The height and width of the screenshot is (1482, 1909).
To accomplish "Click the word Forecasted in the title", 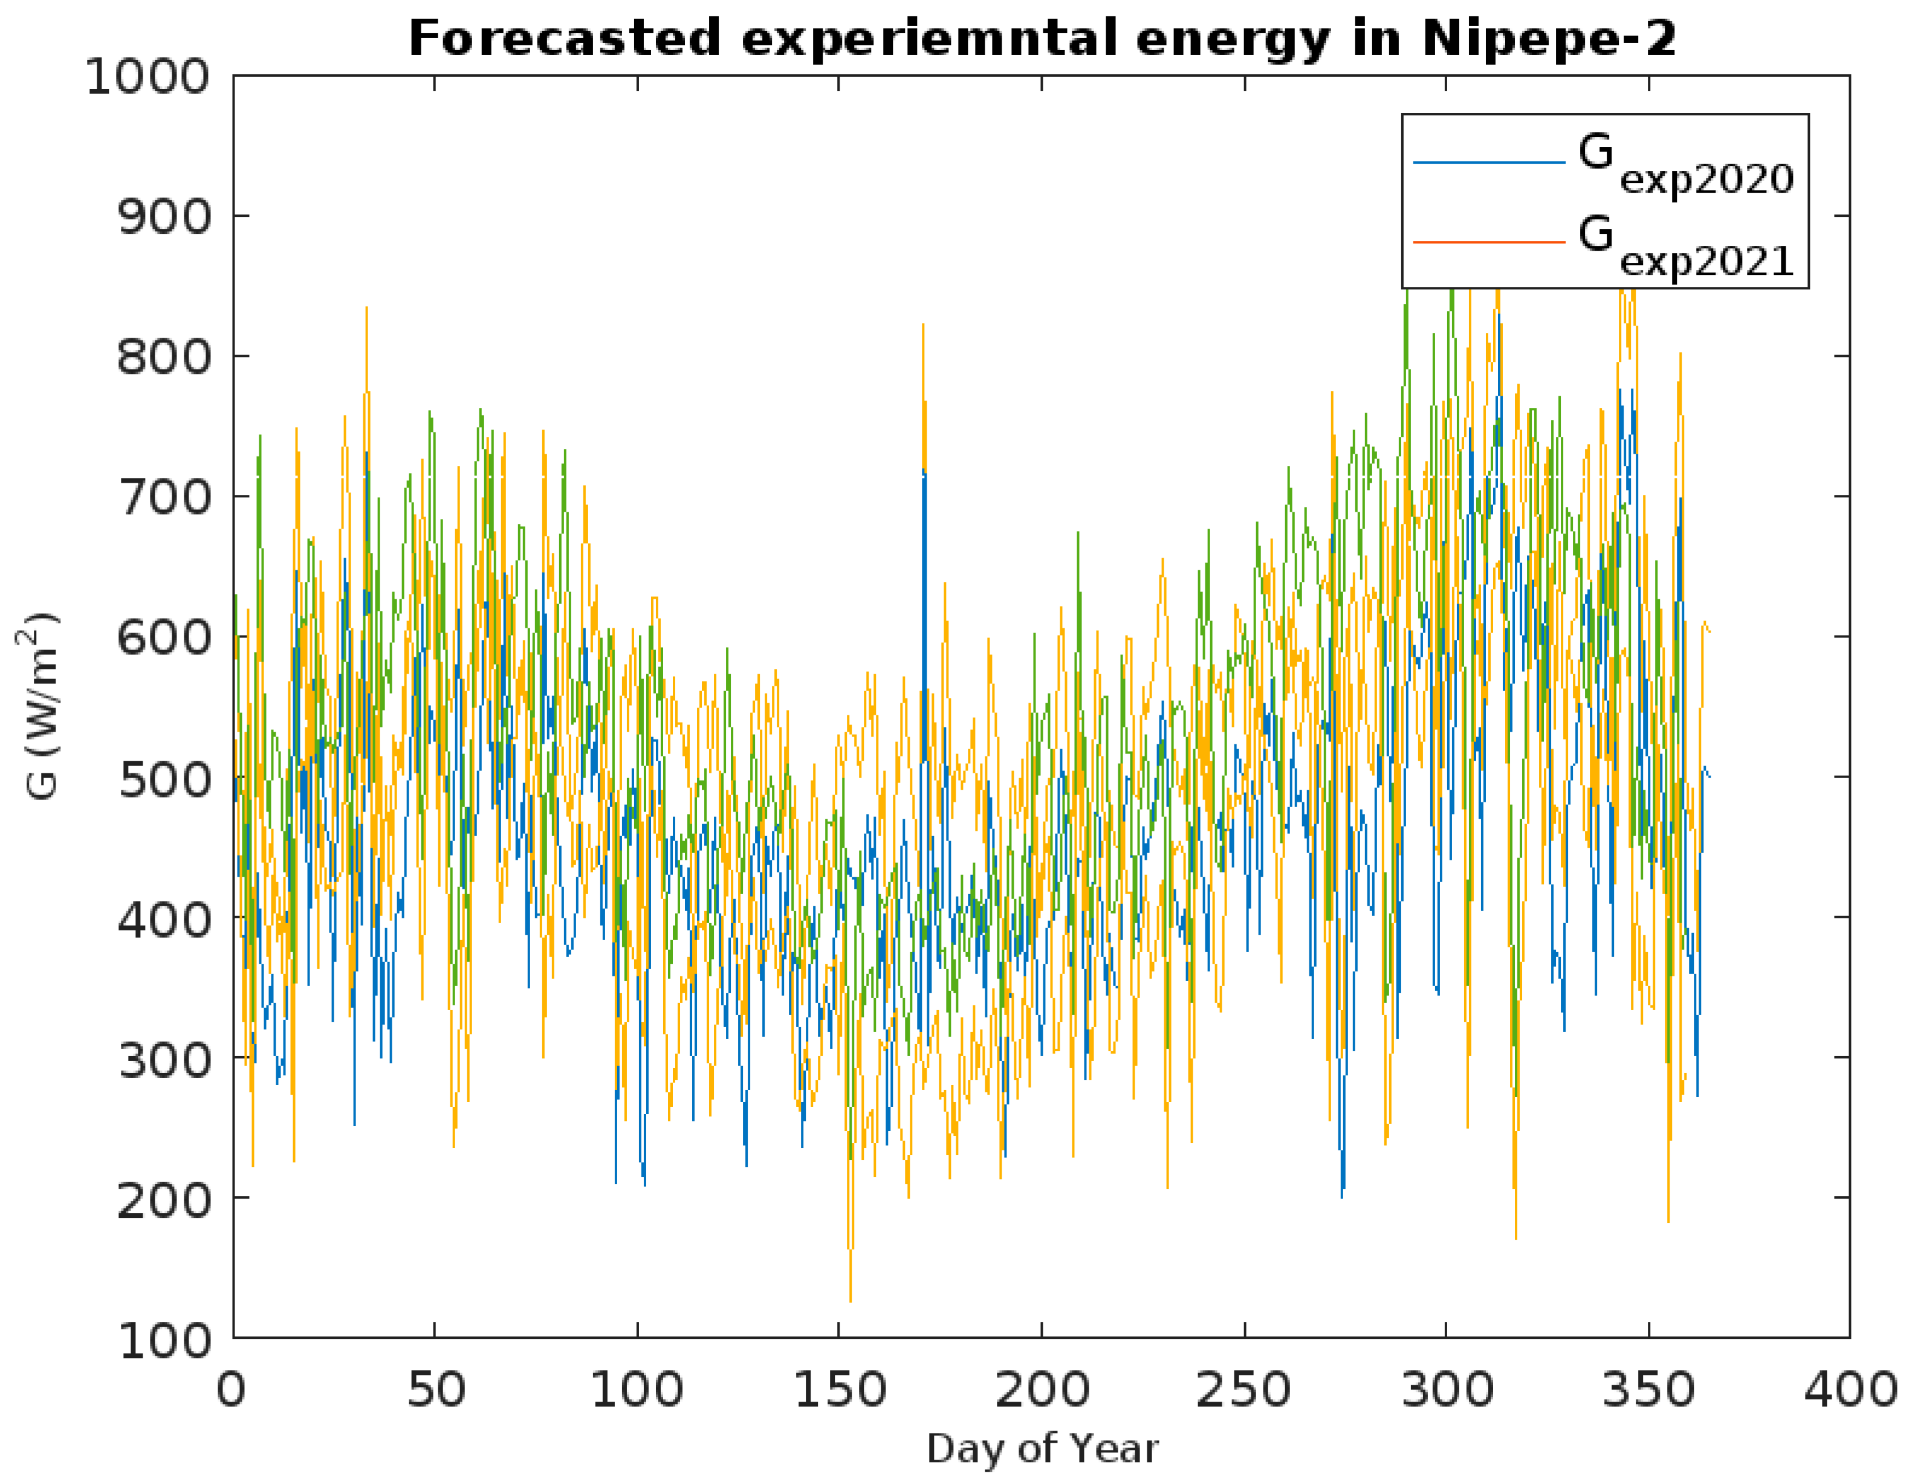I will [564, 39].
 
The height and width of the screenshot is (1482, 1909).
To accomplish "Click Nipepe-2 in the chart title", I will [1549, 39].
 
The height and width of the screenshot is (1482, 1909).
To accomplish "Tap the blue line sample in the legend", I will [1488, 163].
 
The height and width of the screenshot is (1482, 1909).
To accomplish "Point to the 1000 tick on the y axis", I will [147, 77].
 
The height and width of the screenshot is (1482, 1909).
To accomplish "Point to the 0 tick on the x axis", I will [232, 1388].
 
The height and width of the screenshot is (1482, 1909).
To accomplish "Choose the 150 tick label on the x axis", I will [839, 1388].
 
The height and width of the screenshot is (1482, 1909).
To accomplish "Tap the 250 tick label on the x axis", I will [1243, 1388].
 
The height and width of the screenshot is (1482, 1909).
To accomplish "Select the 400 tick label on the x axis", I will [1850, 1388].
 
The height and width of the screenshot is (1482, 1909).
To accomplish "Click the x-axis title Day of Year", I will [1042, 1449].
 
